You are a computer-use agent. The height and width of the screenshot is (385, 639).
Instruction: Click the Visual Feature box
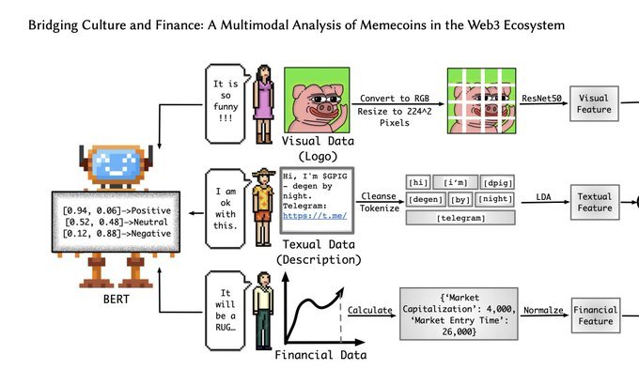pos(594,103)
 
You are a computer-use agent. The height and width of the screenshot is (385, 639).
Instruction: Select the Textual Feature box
pos(595,202)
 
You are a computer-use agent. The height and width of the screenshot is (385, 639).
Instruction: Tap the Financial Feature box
pos(596,316)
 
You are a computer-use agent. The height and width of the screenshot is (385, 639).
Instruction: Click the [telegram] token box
pos(460,218)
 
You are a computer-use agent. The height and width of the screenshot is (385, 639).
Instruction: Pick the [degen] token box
pos(425,199)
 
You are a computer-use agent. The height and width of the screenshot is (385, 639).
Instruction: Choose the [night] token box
pos(495,199)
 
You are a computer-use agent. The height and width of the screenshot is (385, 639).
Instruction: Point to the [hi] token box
pos(418,182)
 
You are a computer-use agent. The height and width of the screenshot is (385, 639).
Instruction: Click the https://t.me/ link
pos(315,216)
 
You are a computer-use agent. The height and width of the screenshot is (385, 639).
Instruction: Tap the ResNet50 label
pos(541,99)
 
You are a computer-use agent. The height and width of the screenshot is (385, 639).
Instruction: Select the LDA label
pos(543,197)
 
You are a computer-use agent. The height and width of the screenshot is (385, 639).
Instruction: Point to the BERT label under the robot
pos(117,299)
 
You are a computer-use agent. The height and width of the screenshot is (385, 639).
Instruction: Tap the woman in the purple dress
pos(263,104)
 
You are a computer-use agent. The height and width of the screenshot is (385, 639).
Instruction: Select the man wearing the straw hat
pos(263,208)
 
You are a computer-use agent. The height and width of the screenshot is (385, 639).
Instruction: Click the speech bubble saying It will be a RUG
pos(226,311)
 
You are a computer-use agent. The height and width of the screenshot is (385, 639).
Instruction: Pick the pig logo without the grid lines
pos(317,100)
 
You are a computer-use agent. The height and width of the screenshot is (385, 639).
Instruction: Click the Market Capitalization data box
pos(459,314)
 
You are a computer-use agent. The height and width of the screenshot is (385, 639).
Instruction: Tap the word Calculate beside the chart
pos(369,310)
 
